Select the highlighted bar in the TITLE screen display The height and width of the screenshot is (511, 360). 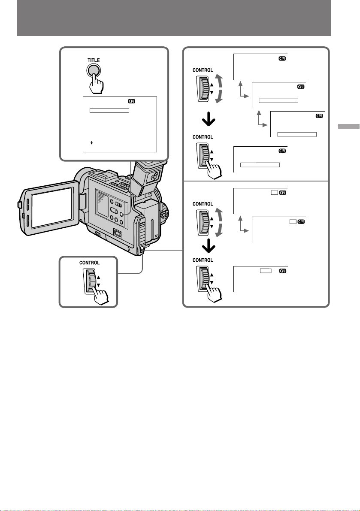pos(109,110)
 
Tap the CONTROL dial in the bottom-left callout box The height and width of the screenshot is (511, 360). pos(91,281)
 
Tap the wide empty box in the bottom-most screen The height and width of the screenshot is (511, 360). pos(266,271)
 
